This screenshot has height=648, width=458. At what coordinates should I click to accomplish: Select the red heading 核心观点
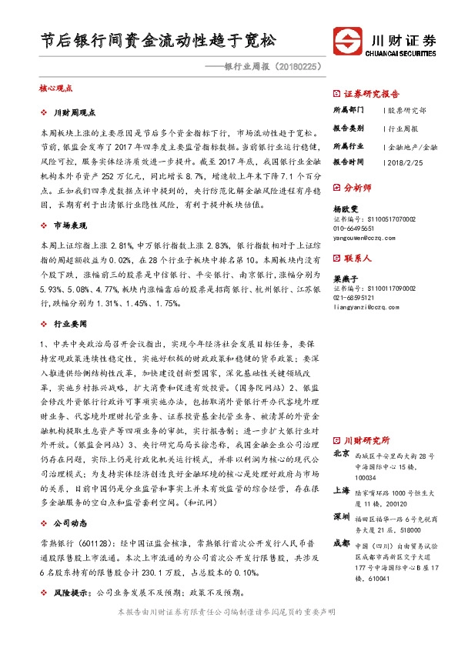click(x=55, y=89)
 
